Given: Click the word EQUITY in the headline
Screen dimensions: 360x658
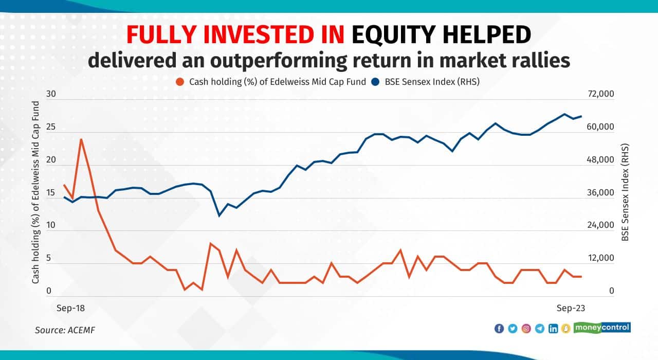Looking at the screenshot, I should pos(394,35).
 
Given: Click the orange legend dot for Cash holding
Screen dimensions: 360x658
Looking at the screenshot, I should pos(179,82).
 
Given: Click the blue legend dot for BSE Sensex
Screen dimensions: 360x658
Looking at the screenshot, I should pos(376,82).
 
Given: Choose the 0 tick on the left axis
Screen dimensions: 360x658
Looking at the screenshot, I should pos(49,291).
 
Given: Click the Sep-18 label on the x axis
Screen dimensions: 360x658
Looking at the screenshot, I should pos(69,308).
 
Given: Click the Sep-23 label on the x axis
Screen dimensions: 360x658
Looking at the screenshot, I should pos(572,308).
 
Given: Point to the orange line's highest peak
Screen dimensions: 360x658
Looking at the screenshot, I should pos(81,139).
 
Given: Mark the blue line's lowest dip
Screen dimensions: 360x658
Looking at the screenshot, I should pos(219,215).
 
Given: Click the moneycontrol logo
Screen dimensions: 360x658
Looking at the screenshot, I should pos(602,328).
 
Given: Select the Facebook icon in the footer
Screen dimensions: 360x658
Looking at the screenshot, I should pos(499,329).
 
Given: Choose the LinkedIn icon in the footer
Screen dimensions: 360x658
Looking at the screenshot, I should pos(553,329).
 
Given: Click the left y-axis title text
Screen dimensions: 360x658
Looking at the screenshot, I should pos(36,193).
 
